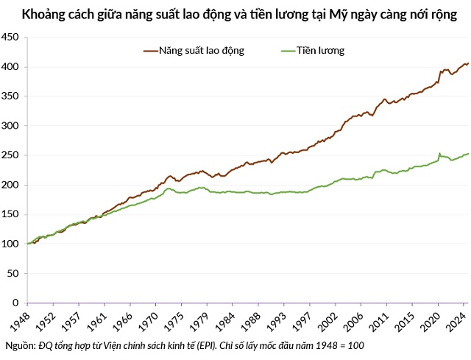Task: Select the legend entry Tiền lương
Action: [x=321, y=51]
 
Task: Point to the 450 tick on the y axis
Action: [x=12, y=37]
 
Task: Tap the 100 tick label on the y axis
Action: [x=12, y=244]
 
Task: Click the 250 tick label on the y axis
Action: [x=12, y=155]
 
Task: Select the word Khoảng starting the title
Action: [x=43, y=14]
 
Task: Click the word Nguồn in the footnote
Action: [x=19, y=345]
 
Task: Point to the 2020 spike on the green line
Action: [x=439, y=154]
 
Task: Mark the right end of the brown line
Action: [x=468, y=63]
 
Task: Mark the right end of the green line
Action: [x=468, y=154]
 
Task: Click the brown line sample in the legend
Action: [x=152, y=51]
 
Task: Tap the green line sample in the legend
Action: [x=288, y=51]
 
